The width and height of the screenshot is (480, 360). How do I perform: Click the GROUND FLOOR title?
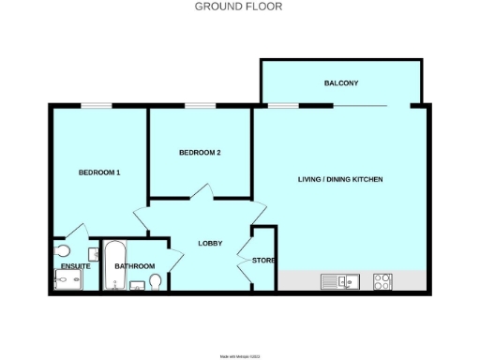click(x=238, y=7)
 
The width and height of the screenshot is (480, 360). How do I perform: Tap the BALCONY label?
click(x=341, y=83)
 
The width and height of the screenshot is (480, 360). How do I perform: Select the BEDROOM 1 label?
click(x=98, y=172)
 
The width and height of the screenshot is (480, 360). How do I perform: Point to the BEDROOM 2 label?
click(x=200, y=153)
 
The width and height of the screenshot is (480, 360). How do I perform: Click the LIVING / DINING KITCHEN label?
click(x=340, y=179)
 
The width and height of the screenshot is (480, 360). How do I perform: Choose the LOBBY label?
click(x=209, y=244)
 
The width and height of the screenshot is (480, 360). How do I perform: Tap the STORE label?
click(x=262, y=260)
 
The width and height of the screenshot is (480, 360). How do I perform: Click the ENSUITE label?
click(x=75, y=266)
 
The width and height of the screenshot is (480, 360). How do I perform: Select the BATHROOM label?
click(x=134, y=266)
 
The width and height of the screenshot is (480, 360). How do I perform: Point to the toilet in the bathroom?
click(x=156, y=281)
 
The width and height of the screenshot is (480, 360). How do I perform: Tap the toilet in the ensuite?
click(x=63, y=251)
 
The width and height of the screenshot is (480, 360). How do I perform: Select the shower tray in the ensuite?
click(x=67, y=282)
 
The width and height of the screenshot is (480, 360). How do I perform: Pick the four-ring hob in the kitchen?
click(x=382, y=280)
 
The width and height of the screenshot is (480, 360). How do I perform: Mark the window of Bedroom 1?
click(x=96, y=106)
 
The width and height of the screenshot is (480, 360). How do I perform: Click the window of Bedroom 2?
click(x=199, y=106)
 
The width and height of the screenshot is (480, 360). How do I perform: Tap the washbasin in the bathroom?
click(x=137, y=286)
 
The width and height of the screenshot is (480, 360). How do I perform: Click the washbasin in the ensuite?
click(x=95, y=253)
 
